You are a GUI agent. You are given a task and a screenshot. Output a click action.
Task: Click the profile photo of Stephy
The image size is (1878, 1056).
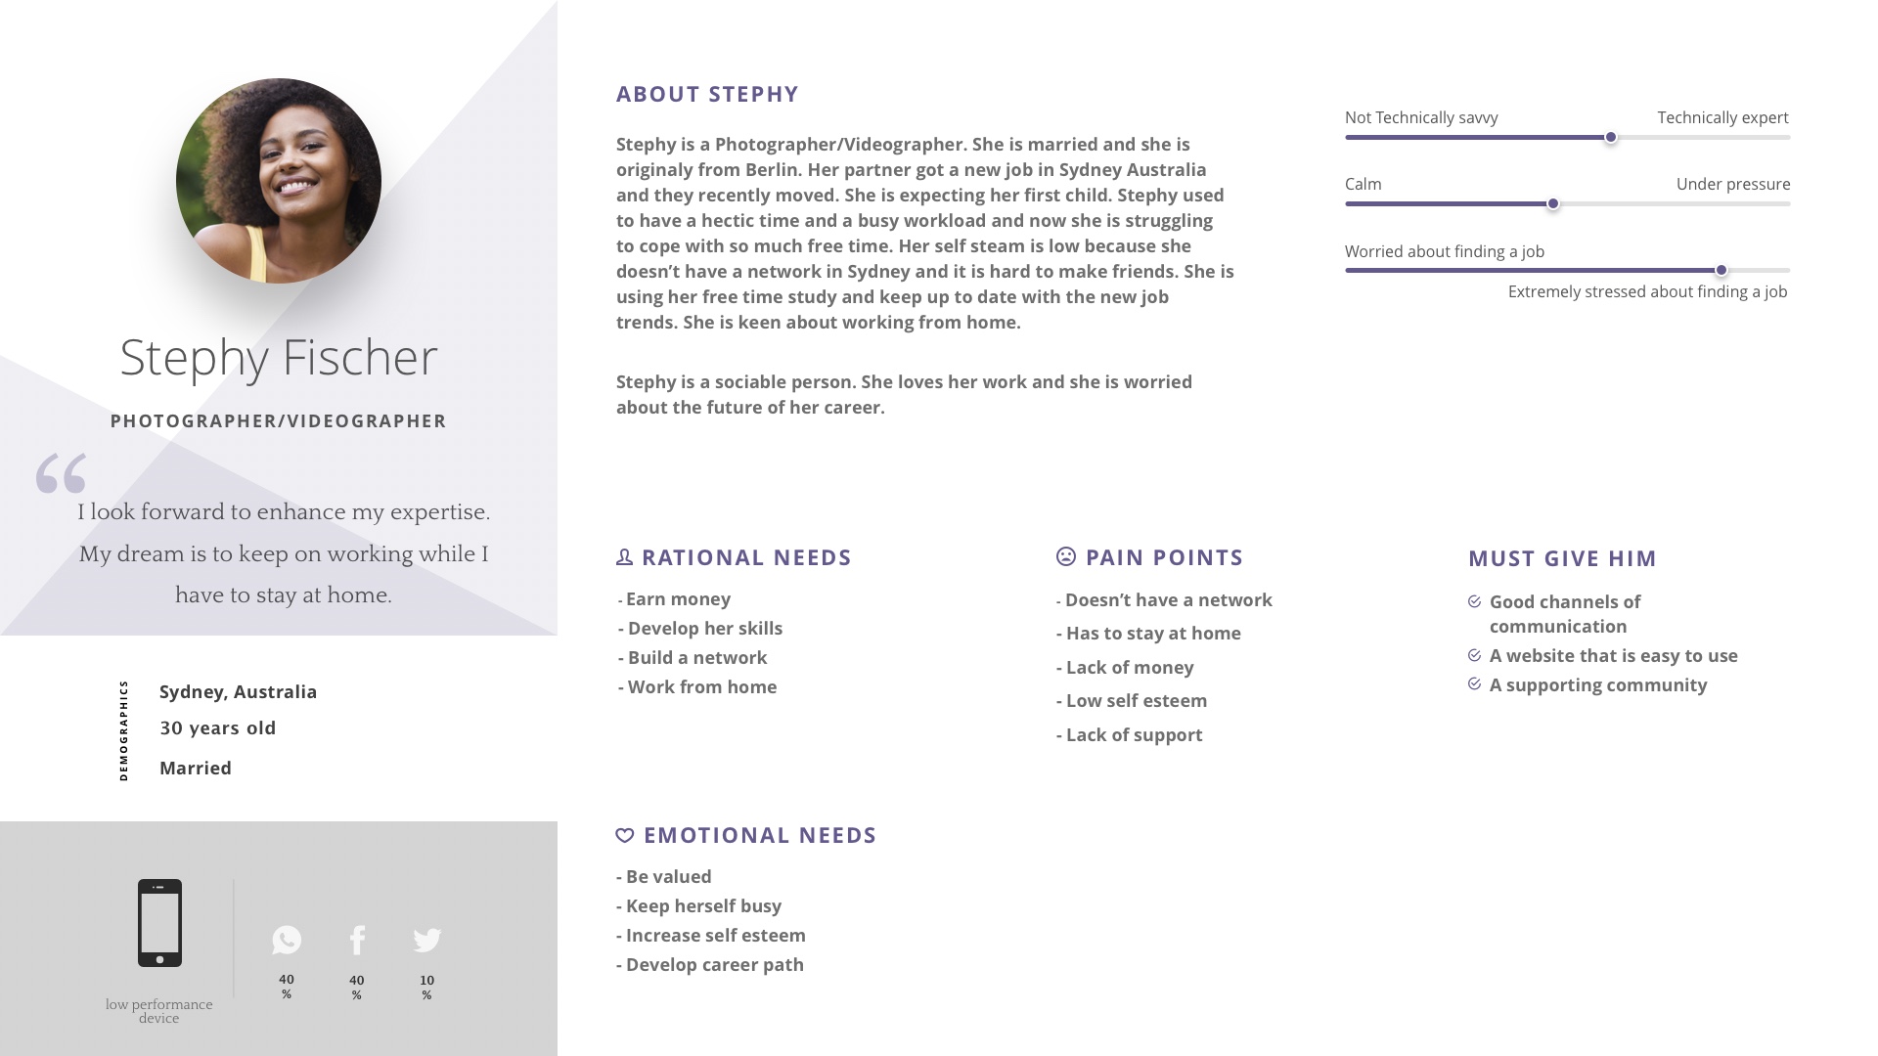tap(279, 181)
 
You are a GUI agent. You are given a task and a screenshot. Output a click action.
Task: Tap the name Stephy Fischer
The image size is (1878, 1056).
tap(279, 358)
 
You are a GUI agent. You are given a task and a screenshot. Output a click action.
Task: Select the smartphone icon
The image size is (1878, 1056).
tap(159, 923)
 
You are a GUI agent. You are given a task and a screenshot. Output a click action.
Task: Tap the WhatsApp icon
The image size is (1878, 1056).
tap(287, 940)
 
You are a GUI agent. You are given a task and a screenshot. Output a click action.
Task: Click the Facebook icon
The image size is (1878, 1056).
tap(357, 940)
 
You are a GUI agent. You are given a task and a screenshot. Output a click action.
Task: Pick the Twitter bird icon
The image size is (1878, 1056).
tap(427, 940)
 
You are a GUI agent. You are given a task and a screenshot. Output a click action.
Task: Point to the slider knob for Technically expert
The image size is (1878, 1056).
tap(1610, 138)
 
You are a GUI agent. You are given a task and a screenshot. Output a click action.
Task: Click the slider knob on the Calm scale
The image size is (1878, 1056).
tap(1552, 204)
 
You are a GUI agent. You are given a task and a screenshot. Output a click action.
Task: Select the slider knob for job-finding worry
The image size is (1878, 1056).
tap(1721, 271)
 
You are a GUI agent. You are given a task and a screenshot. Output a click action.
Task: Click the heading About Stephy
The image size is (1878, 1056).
tap(707, 95)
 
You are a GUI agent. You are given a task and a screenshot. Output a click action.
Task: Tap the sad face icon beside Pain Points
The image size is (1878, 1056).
tap(1066, 556)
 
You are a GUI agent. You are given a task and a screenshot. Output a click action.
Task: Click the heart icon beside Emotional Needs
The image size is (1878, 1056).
tap(625, 835)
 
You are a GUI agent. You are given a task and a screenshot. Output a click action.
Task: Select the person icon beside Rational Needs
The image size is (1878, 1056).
tap(625, 556)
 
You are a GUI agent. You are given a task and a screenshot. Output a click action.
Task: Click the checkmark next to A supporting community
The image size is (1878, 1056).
tap(1474, 684)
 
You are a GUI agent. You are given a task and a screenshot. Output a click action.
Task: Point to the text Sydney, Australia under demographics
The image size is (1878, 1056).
tap(239, 692)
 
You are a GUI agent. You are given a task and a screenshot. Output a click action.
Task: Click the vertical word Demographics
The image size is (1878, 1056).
tap(123, 730)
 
